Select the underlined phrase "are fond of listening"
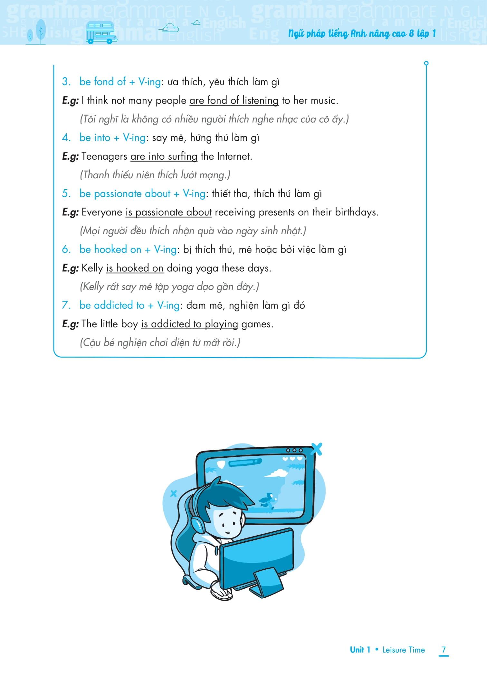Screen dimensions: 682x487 click(x=234, y=101)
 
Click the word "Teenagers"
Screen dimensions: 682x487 click(x=104, y=156)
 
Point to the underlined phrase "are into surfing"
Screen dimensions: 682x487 click(x=164, y=157)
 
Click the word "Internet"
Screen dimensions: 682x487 click(x=234, y=156)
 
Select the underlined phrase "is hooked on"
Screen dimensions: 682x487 click(x=135, y=268)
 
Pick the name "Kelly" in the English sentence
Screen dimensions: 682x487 click(x=92, y=268)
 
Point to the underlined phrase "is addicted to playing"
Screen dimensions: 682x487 click(x=189, y=324)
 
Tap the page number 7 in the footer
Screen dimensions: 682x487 click(x=444, y=649)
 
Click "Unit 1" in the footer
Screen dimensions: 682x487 click(x=360, y=650)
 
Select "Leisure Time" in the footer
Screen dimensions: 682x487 click(x=404, y=650)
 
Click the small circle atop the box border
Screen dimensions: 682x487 click(x=426, y=63)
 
